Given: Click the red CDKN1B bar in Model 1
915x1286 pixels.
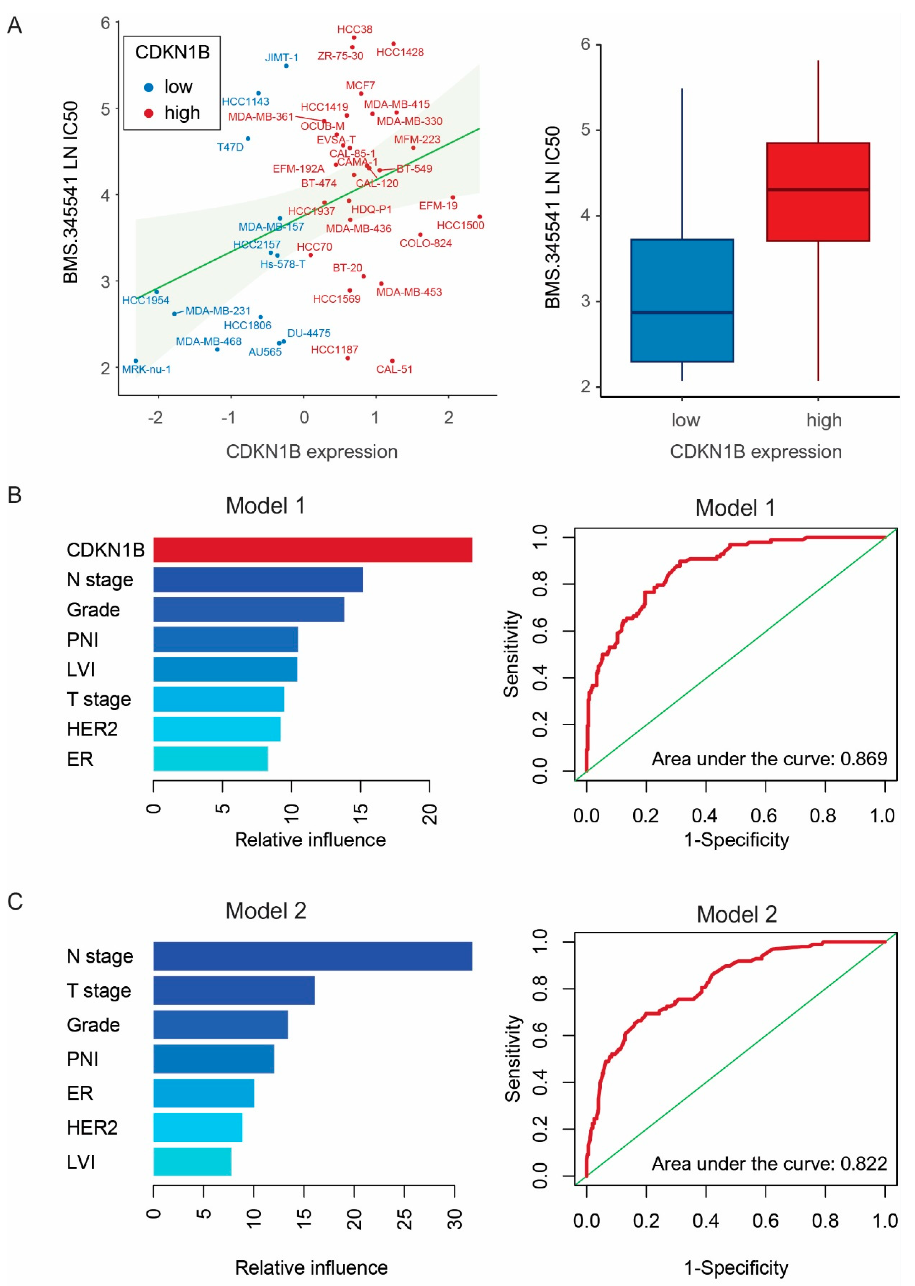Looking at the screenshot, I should (x=313, y=550).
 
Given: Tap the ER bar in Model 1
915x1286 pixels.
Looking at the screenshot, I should (x=211, y=759).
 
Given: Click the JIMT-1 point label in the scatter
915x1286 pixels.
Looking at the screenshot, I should (x=282, y=57).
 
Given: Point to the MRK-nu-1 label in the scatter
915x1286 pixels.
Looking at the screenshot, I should (x=146, y=369).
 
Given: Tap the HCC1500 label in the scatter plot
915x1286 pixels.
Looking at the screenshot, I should (x=460, y=225).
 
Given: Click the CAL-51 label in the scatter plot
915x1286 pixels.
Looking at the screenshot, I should (x=394, y=369).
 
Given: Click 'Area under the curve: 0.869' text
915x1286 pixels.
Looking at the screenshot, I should (x=769, y=759).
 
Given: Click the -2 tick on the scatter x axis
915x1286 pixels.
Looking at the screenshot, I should (x=155, y=418).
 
